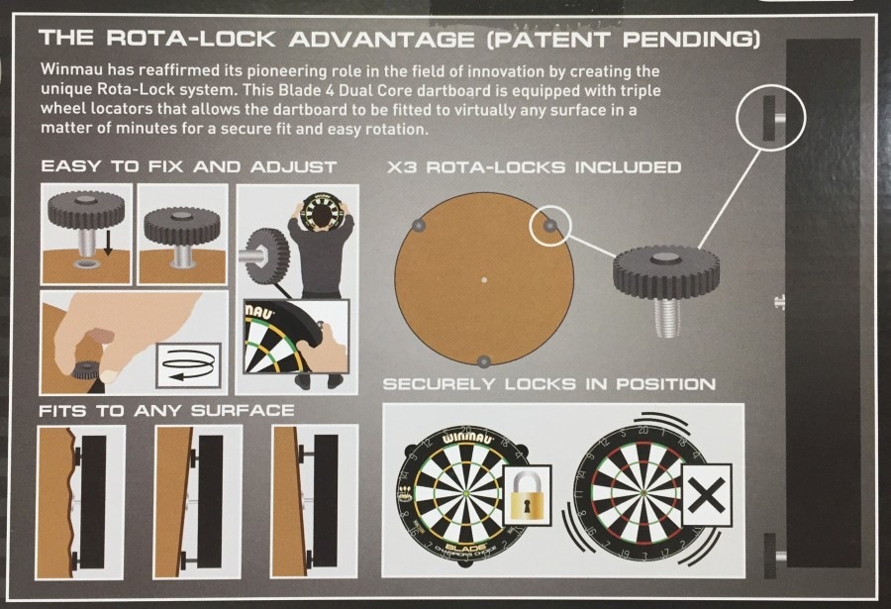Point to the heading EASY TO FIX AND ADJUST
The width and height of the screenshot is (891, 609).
point(189,166)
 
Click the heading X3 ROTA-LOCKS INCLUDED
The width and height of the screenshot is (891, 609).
point(534,167)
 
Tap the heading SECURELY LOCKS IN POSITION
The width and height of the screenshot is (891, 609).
point(548,384)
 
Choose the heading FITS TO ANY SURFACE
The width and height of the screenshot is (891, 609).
point(166,411)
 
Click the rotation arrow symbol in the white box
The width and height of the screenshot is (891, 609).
point(188,364)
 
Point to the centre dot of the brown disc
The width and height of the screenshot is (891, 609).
point(483,280)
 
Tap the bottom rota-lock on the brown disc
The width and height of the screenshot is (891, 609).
point(483,361)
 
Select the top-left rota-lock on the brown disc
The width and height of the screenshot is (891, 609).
point(418,226)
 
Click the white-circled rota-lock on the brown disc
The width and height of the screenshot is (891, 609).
point(549,226)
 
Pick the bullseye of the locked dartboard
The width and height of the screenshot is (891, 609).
point(466,492)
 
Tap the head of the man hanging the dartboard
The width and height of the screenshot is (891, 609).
point(321,217)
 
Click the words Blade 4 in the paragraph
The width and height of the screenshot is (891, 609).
point(302,90)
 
